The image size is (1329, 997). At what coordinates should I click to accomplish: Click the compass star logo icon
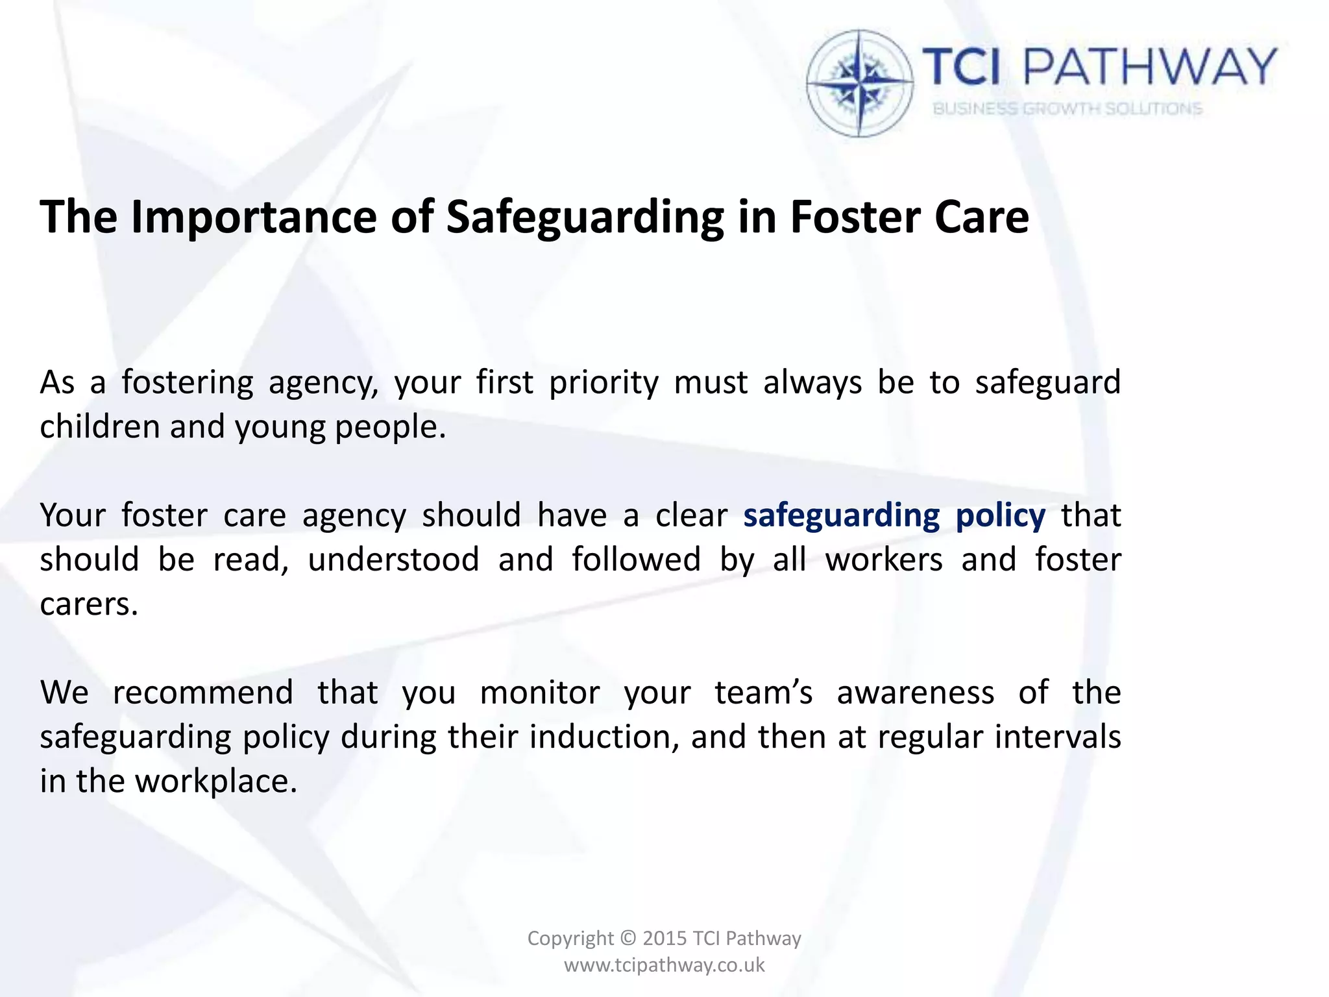(860, 83)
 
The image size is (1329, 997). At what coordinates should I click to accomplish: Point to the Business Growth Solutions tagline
(1067, 108)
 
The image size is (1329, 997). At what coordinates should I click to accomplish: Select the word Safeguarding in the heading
(585, 217)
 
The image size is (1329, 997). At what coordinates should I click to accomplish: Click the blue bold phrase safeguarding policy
(894, 516)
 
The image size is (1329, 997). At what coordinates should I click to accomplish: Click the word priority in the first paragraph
(604, 383)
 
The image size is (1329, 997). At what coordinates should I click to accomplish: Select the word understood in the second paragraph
(393, 560)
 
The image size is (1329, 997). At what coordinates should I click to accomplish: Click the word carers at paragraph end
(89, 604)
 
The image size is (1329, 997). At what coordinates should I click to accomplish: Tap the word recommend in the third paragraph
(202, 693)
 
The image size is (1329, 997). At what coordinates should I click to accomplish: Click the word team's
(763, 693)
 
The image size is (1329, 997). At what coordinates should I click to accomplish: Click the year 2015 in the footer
(664, 939)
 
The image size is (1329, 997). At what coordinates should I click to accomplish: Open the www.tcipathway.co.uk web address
(664, 965)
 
